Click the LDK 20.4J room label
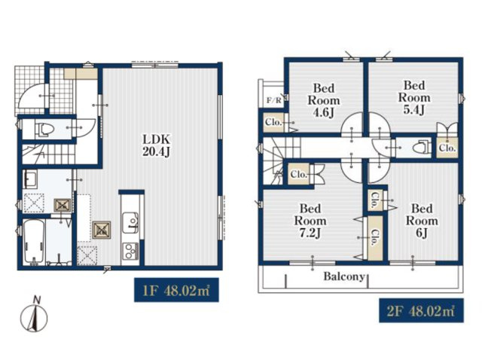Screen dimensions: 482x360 156,145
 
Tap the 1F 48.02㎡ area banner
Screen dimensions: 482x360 176,290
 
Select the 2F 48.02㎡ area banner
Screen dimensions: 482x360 421,310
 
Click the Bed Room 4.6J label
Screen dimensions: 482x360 324,100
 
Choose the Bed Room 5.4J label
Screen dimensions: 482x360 414,98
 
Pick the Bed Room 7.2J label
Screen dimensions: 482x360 310,221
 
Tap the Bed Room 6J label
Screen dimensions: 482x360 422,221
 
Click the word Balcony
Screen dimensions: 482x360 344,276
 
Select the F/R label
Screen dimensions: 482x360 273,100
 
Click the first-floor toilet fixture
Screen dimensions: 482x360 44,129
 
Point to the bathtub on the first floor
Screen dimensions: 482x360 34,242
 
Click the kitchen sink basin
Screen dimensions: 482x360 130,223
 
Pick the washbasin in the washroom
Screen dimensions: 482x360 30,179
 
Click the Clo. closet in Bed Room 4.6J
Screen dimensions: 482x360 273,122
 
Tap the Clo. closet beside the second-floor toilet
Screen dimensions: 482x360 447,148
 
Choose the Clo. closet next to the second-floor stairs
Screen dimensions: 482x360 299,175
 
